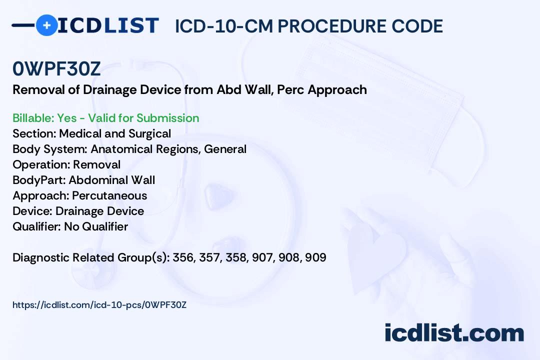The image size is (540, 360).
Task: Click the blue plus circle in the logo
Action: (x=47, y=25)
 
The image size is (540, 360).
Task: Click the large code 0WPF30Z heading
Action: (x=56, y=68)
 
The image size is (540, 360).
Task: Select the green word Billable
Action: (x=32, y=118)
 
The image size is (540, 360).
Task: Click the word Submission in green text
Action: (x=167, y=118)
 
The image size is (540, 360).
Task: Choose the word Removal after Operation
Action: (x=97, y=164)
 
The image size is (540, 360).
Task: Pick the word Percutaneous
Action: (x=109, y=195)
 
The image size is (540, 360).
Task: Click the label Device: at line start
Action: (x=32, y=211)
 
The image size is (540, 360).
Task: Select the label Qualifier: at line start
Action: (x=37, y=226)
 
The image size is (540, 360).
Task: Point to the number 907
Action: (x=263, y=257)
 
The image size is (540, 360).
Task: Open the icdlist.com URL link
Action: (x=99, y=305)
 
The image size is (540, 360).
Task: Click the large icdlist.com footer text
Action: (x=454, y=332)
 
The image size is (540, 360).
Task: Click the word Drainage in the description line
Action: (x=109, y=90)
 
